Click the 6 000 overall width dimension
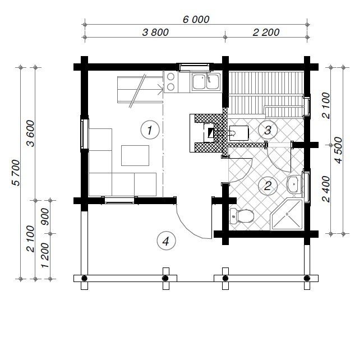(x=196, y=19)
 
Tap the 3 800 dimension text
(x=155, y=33)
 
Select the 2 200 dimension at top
(x=266, y=33)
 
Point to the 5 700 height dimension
(x=16, y=173)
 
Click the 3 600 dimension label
(x=31, y=133)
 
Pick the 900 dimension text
(x=45, y=216)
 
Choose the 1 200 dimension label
(x=45, y=255)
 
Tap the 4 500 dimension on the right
(x=338, y=150)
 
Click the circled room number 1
(x=150, y=130)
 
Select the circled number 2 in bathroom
(x=268, y=186)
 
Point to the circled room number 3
(x=268, y=130)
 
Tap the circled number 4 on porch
(x=166, y=241)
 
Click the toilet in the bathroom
(x=241, y=216)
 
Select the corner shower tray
(x=287, y=214)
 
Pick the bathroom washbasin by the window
(x=294, y=184)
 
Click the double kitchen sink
(x=206, y=81)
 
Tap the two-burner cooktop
(x=171, y=82)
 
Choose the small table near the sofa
(x=135, y=155)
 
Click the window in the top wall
(x=195, y=67)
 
